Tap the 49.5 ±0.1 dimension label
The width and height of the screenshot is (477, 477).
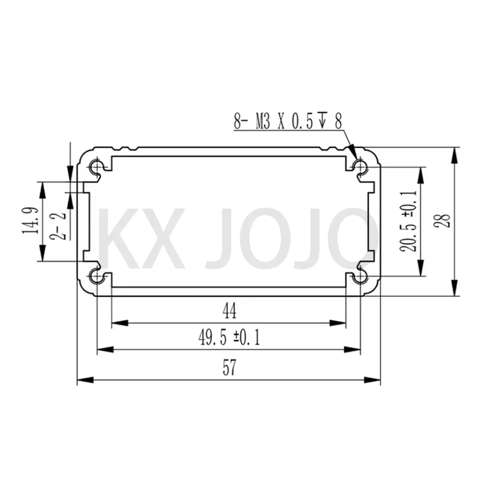pyautogui.click(x=229, y=337)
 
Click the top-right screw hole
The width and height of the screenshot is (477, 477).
pyautogui.click(x=359, y=166)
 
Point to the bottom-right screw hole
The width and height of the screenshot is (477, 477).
pyautogui.click(x=359, y=276)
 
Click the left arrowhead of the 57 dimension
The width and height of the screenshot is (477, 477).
pyautogui.click(x=85, y=380)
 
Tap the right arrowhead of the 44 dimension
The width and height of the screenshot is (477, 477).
pyautogui.click(x=338, y=323)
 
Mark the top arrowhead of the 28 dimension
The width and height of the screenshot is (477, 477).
pyautogui.click(x=454, y=155)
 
